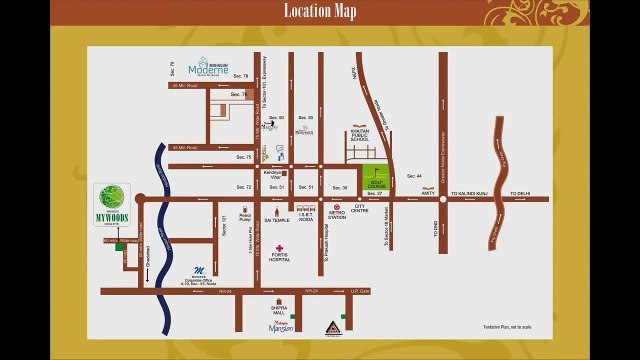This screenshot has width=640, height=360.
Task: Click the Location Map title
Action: pos(319,12)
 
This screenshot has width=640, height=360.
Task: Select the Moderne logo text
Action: pos(212,70)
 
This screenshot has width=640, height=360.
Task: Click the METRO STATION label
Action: pos(337,215)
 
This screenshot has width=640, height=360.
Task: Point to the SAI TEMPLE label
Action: pos(275,218)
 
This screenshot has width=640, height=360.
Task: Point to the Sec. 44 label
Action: pos(414,176)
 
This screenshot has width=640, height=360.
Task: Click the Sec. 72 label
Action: pos(243,187)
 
